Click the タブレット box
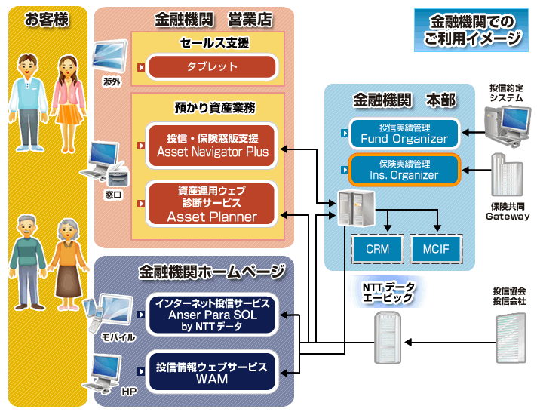212,67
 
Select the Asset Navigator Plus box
212,145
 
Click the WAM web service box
212,372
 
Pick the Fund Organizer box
404,133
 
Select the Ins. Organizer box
404,169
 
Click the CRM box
377,248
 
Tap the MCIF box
435,248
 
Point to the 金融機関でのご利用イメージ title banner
471,30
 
